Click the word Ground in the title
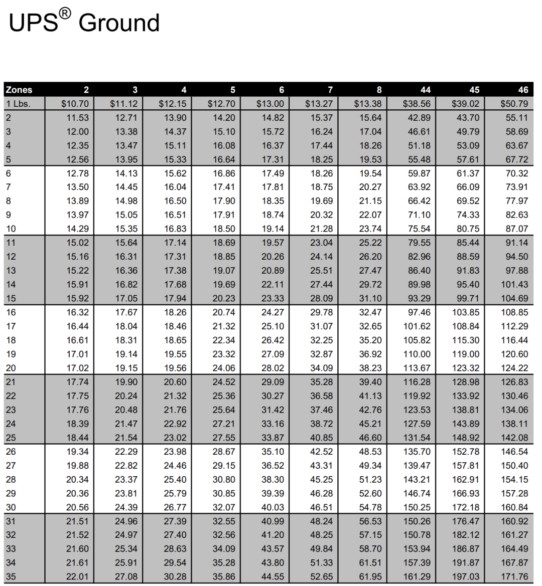click(x=119, y=23)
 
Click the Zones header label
click(x=19, y=90)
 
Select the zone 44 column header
click(x=425, y=90)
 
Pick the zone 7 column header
click(x=330, y=90)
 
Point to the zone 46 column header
click(x=523, y=90)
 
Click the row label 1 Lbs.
click(x=18, y=104)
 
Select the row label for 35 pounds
click(x=11, y=576)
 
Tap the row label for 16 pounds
click(x=11, y=312)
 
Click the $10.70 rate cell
click(x=75, y=104)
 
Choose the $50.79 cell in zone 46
click(x=514, y=104)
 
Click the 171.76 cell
click(x=514, y=576)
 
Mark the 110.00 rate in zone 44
click(x=417, y=354)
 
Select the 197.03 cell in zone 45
click(x=466, y=576)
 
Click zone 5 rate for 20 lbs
click(x=224, y=368)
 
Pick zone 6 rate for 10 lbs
click(x=273, y=229)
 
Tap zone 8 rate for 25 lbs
click(x=370, y=438)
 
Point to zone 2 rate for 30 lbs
click(x=77, y=507)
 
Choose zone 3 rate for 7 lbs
click(x=126, y=187)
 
